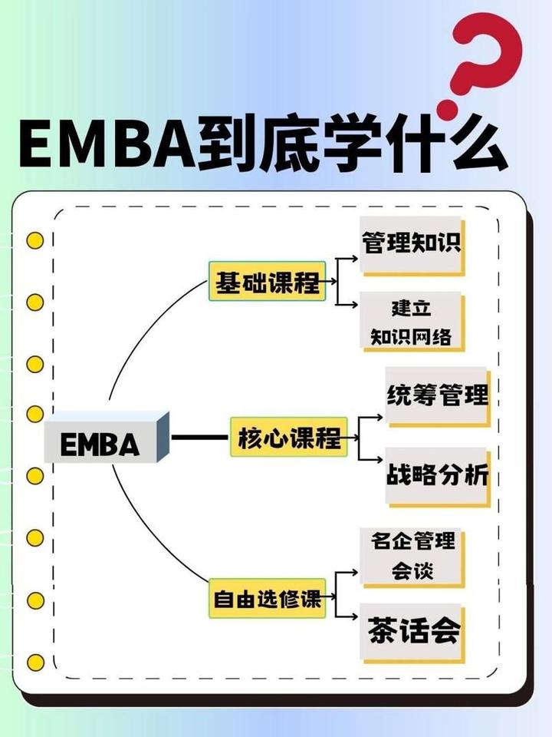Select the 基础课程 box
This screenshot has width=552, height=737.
click(268, 281)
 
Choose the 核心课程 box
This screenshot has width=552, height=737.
click(288, 438)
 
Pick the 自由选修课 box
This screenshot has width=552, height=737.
click(267, 599)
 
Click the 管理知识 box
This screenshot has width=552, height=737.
click(412, 243)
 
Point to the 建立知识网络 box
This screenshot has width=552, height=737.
click(412, 321)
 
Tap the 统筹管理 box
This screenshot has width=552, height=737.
click(436, 396)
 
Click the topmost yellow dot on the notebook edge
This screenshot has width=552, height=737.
click(34, 240)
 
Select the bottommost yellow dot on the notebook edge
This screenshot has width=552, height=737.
click(34, 662)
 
